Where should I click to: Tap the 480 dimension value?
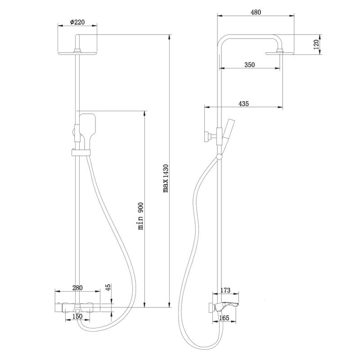(x=256, y=12)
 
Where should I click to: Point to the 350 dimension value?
(x=250, y=64)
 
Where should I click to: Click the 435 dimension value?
(x=243, y=103)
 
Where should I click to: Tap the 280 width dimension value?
(x=78, y=288)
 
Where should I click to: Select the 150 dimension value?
(x=77, y=317)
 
